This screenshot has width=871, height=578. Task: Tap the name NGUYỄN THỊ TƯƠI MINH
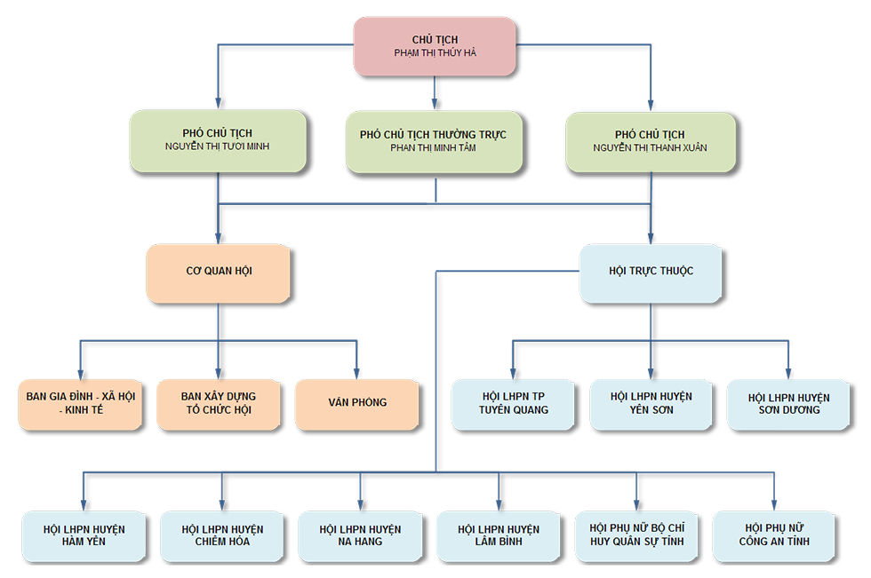pos(218,146)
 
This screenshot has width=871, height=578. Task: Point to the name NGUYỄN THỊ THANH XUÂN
pos(651,148)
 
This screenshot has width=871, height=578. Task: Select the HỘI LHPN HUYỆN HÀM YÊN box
pos(84,535)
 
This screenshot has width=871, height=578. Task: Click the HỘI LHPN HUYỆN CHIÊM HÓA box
pos(222,535)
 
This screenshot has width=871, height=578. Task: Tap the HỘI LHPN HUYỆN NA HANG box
pos(360,535)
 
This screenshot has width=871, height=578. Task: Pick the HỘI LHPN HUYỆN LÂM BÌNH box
pos(499,535)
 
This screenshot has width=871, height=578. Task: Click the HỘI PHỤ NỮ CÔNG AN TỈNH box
pos(774,535)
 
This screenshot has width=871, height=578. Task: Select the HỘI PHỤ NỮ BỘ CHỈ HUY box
pos(636,535)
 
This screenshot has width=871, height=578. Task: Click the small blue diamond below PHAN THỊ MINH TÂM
pos(435,192)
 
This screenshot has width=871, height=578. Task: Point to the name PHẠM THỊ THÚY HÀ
pos(435,53)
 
